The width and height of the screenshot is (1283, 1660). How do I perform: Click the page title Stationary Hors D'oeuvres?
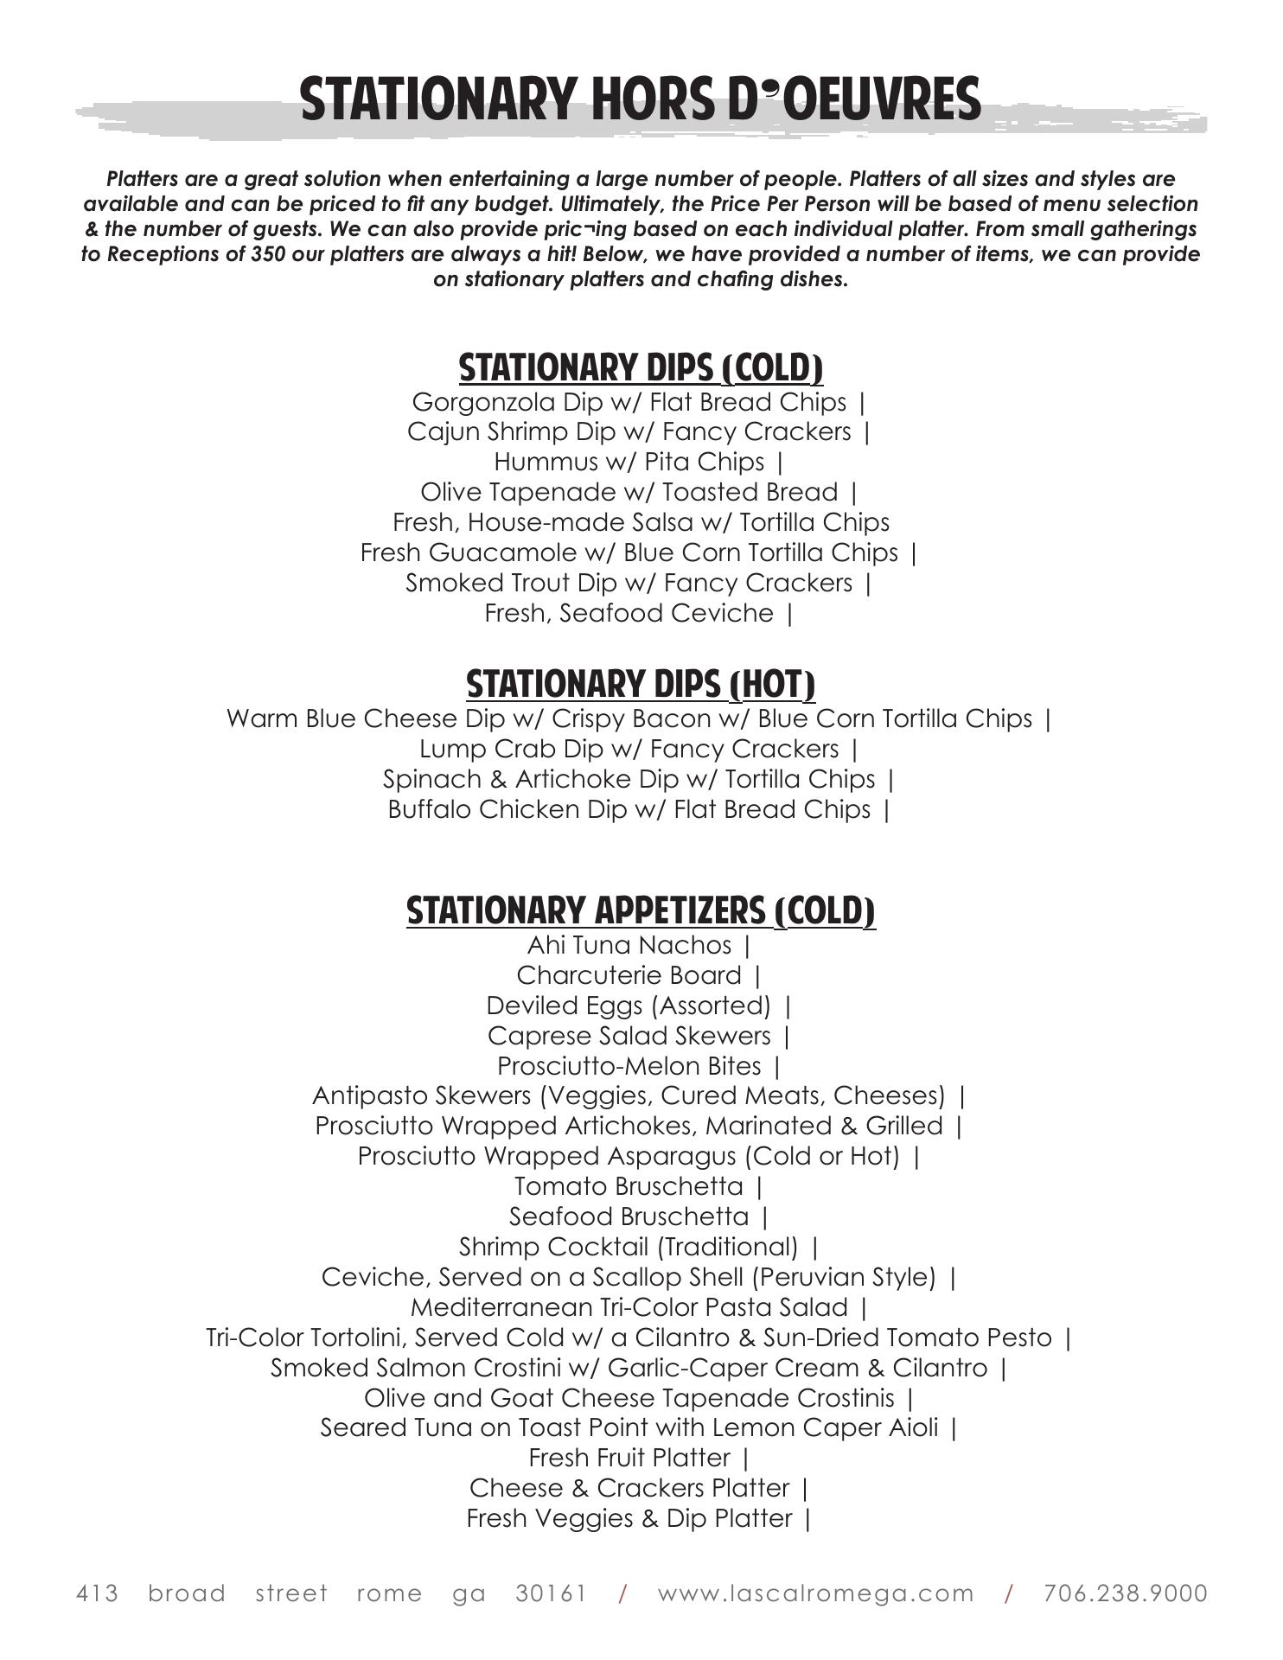(641, 99)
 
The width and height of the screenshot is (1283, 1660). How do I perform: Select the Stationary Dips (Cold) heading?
(641, 367)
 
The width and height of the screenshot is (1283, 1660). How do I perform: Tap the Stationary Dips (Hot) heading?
(641, 684)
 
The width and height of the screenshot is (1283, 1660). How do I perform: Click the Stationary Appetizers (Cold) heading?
(641, 911)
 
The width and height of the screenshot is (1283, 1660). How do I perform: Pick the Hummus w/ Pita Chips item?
(629, 463)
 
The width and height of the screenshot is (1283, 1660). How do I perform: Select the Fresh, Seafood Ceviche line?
(629, 614)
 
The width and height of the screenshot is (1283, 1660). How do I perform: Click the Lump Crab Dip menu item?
(629, 750)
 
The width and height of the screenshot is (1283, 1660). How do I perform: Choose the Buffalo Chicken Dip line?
(629, 810)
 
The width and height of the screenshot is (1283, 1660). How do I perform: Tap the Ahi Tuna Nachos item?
(629, 946)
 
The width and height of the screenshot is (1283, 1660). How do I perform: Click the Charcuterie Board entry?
(629, 976)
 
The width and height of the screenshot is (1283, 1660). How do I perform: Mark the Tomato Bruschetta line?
(629, 1187)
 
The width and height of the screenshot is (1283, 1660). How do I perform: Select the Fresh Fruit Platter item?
(629, 1459)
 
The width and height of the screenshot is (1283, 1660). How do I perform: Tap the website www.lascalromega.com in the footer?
(815, 1593)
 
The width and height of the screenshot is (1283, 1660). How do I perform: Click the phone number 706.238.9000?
(1125, 1593)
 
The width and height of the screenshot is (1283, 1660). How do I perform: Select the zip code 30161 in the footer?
(551, 1593)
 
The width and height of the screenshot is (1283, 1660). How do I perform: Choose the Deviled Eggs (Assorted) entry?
(629, 1006)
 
